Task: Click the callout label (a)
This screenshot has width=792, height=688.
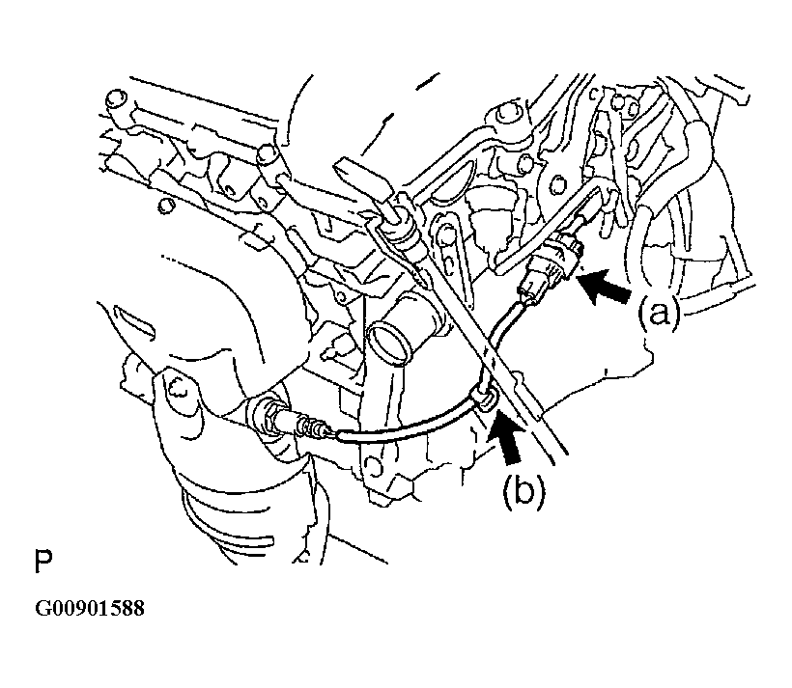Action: pos(659,314)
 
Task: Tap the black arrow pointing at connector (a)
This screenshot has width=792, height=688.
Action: pos(605,287)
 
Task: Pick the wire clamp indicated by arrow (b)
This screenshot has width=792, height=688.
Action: pos(484,397)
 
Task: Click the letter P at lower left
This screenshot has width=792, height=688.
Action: pos(42,561)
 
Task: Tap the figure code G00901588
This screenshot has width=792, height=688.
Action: pos(90,608)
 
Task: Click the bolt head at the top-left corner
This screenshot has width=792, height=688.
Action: pos(115,99)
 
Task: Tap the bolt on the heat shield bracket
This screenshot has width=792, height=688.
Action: pos(177,389)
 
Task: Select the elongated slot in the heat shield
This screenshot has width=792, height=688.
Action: pos(133,320)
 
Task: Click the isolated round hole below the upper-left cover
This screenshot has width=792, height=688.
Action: pos(166,205)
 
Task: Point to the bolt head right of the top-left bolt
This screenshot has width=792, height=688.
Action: pos(267,153)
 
